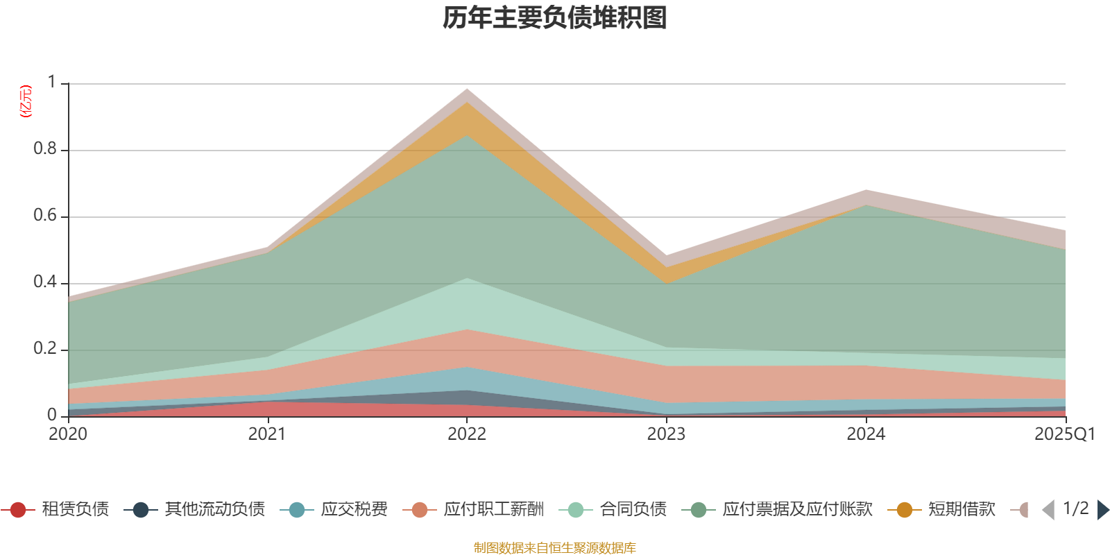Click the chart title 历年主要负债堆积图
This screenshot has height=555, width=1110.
click(555, 18)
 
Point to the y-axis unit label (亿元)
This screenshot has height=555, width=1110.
click(26, 101)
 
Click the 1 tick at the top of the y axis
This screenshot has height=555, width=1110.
click(52, 83)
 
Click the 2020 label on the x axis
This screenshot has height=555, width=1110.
click(68, 434)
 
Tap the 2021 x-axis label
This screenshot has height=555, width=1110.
click(267, 434)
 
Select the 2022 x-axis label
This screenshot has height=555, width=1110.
click(467, 434)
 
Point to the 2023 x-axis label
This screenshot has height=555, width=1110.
click(666, 434)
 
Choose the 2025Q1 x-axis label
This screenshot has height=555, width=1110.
click(1064, 434)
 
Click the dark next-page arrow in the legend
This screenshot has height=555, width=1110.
click(1102, 510)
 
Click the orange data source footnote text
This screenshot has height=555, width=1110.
click(555, 548)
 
